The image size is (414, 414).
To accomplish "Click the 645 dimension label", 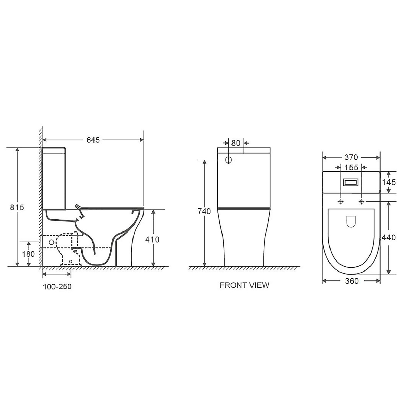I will pos(93,140).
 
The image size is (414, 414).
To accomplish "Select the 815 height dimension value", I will pos(17,207).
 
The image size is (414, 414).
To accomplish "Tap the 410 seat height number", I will pos(152,239).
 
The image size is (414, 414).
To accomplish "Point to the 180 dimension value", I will pos(28,254).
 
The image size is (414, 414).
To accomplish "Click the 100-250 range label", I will pos(57,286).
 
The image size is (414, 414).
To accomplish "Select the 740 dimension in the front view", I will pos(204,211).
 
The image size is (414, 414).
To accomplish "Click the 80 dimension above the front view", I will pos(236,143).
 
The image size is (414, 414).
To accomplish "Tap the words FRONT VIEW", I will pos(244,285).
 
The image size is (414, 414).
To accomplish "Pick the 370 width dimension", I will pos(351,157).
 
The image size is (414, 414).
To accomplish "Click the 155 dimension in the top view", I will pos(351,167).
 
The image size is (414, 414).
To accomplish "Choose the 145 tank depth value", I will pos(389,182).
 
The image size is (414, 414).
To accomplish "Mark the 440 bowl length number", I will pos(389,237).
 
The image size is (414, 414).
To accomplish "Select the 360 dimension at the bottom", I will pos(352,281).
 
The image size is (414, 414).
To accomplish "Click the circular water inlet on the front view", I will pos(228,160).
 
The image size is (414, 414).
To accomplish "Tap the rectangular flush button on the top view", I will pos(351,182).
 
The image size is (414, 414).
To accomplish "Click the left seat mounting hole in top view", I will pos(341,201).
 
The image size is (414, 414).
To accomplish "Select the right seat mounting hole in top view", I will pos(362,201).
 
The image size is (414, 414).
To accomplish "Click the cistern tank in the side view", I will pos(54,178).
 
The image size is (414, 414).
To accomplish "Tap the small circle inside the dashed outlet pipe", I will pos(51,242).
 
